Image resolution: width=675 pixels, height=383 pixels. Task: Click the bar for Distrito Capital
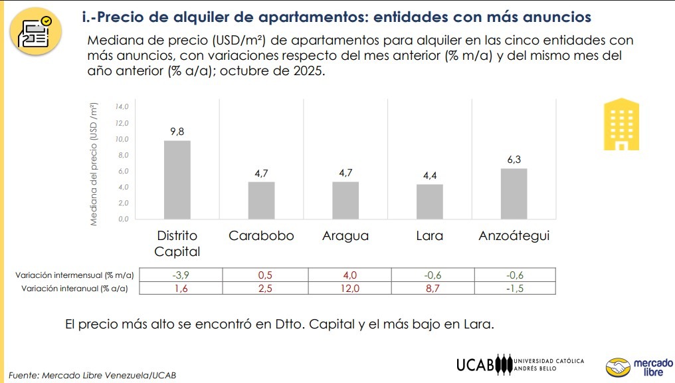(177, 180)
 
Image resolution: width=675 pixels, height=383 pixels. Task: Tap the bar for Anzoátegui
(514, 193)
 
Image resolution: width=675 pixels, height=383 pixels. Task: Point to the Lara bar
(429, 201)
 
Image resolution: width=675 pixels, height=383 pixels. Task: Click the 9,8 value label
(177, 131)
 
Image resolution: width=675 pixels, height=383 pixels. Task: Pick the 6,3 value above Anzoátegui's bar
(514, 159)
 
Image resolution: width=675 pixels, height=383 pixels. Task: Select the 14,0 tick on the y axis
(122, 107)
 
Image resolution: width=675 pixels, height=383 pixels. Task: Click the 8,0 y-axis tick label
(122, 155)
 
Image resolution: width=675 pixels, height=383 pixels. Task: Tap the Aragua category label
(345, 236)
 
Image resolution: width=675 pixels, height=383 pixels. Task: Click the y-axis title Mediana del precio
(94, 164)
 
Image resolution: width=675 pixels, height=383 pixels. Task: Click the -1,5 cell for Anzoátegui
(514, 288)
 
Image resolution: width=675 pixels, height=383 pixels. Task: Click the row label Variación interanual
(74, 288)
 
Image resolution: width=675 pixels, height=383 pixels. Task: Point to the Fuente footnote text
(93, 374)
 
